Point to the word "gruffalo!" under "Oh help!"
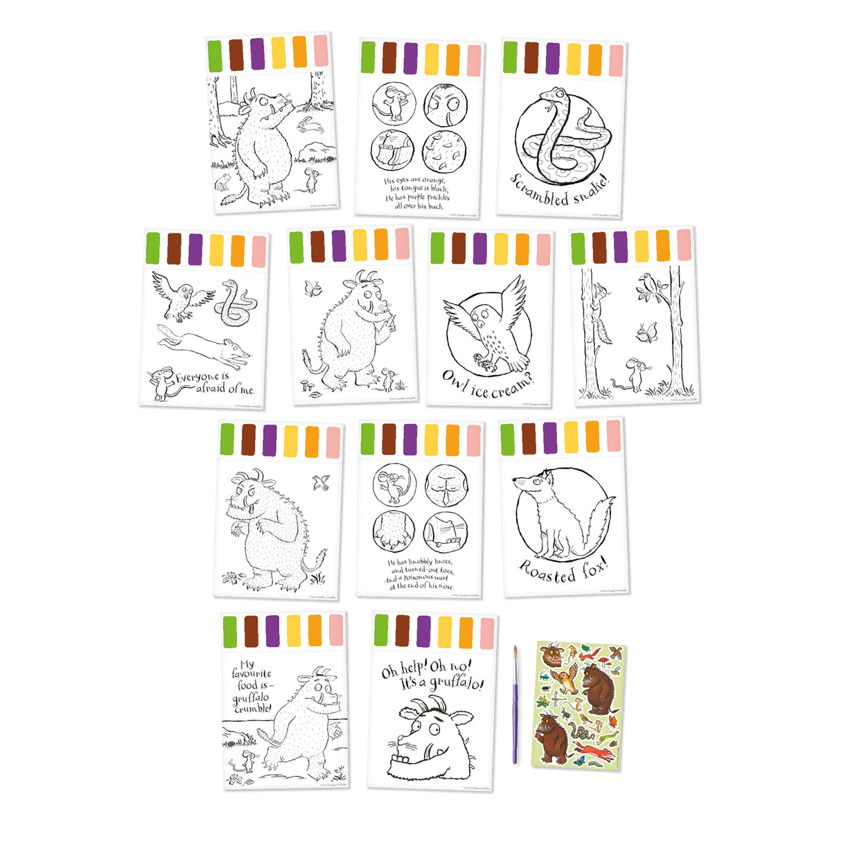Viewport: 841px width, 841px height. click(x=457, y=683)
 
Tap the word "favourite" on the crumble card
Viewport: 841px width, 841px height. click(x=251, y=673)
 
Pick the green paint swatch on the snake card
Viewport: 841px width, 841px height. click(x=511, y=57)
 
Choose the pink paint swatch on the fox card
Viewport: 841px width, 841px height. click(x=614, y=436)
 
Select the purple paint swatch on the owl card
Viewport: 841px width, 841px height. click(x=479, y=248)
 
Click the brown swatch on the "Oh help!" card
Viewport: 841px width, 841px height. click(x=402, y=630)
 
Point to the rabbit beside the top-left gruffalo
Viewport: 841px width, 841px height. click(x=310, y=125)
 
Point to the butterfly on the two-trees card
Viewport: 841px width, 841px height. click(x=647, y=333)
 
